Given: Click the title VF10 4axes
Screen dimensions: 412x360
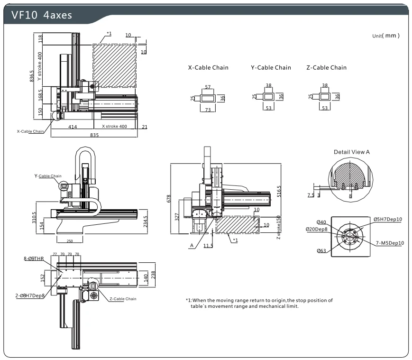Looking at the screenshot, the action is tap(42, 15).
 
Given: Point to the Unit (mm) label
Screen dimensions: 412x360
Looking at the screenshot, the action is tap(386, 36).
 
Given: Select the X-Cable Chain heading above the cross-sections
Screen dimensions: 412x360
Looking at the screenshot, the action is tap(208, 67).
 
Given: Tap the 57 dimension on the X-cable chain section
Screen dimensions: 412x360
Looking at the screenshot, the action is tap(208, 87).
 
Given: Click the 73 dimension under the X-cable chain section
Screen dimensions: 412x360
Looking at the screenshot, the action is tap(208, 110).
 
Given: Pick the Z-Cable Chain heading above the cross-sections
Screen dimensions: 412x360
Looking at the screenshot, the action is tap(326, 67).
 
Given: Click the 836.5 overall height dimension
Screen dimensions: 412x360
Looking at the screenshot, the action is tap(32, 76).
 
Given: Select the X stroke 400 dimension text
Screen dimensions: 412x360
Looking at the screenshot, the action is tap(114, 126).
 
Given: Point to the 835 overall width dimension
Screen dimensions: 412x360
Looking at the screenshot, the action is tap(94, 135).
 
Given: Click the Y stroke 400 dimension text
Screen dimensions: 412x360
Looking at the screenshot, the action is tap(40, 66).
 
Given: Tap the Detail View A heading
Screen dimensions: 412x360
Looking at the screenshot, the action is tap(352, 152).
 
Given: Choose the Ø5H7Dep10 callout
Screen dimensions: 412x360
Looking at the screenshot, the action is tap(388, 219).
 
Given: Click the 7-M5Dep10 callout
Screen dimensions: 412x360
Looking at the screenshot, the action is tap(390, 243).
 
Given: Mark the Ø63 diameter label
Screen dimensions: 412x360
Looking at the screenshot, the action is tap(321, 250).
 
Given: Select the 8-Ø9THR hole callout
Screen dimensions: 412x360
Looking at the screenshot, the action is tap(34, 258).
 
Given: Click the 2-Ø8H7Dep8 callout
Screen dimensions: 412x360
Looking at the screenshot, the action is tap(30, 295).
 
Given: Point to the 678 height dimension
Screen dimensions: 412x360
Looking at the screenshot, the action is tap(169, 198).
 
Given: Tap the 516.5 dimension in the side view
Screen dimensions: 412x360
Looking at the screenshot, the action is tap(279, 191).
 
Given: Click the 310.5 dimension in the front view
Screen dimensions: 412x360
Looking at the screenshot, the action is tap(34, 218).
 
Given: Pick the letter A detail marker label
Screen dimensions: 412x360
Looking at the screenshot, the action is tap(192, 245).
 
